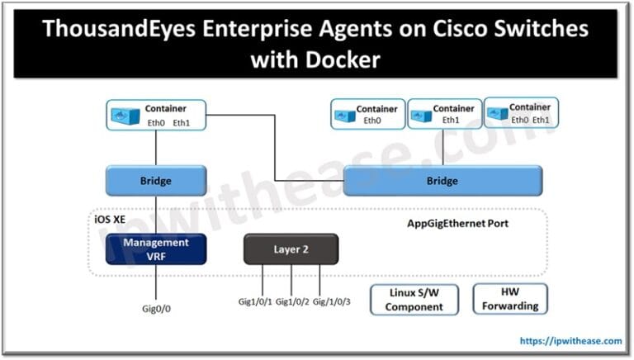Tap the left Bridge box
[x=156, y=180]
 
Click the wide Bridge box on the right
[x=442, y=180]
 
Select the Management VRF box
[x=156, y=249]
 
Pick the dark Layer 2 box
[x=291, y=249]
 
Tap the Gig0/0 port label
[x=156, y=308]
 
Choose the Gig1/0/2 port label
[x=293, y=301]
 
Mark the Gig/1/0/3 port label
[x=332, y=301]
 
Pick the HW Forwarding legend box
[x=509, y=299]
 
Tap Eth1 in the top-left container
[x=182, y=123]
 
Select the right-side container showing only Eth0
[x=368, y=115]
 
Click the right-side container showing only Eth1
[x=444, y=114]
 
